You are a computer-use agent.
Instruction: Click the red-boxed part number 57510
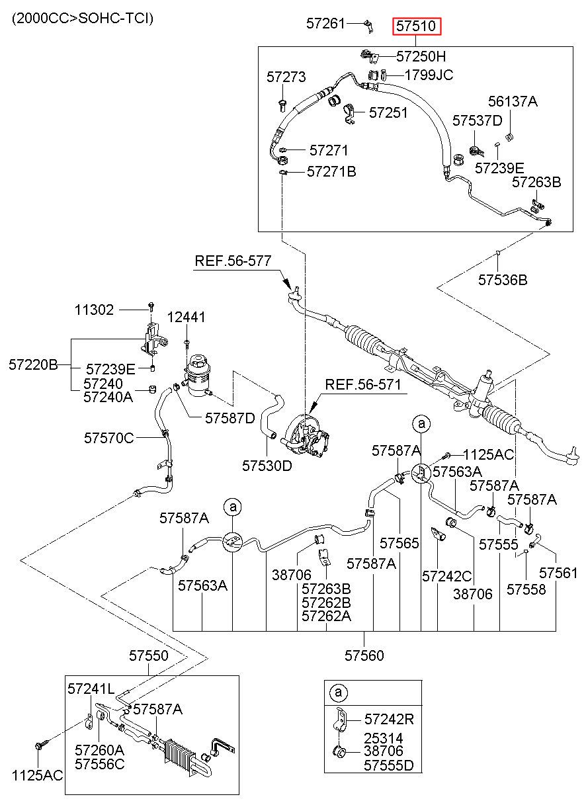coord(417,26)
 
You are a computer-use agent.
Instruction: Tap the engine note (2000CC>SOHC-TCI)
coord(83,18)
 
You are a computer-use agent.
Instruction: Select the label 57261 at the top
coord(325,24)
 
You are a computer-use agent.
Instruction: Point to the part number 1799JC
coord(429,75)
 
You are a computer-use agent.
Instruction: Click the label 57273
coord(286,77)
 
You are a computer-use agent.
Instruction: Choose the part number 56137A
coord(513,102)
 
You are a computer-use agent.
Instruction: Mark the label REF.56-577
coord(233,261)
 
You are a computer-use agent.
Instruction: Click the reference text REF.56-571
coord(363,384)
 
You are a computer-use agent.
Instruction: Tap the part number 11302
coord(94,310)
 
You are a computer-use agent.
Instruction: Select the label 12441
coord(187,317)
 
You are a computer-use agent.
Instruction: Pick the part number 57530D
coord(267,466)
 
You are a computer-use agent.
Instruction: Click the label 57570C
coord(109,438)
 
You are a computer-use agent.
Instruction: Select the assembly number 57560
coord(364,655)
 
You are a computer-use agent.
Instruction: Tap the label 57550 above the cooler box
coord(148,655)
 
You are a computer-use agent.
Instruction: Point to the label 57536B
coord(503,280)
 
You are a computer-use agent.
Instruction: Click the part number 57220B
coord(33,364)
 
